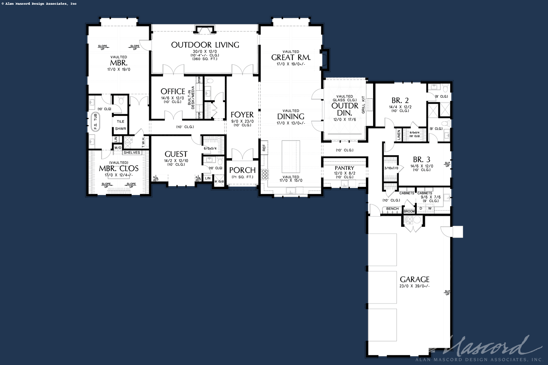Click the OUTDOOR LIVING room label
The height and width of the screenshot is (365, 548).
click(205, 45)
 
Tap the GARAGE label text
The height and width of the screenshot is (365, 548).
click(414, 279)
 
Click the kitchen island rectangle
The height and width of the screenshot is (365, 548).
click(291, 157)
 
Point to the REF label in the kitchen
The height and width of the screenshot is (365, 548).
click(264, 148)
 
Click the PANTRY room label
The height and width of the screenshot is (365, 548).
click(344, 168)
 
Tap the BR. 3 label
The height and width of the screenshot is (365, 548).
click(421, 160)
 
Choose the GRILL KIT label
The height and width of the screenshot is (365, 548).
click(364, 104)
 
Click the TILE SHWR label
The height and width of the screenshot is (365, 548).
click(120, 125)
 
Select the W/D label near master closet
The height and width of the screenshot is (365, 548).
click(118, 148)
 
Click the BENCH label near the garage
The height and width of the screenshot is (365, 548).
click(392, 209)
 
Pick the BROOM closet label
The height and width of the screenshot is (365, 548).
click(409, 211)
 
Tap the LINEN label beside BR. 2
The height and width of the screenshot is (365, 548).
click(399, 135)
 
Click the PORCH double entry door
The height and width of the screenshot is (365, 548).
click(242, 154)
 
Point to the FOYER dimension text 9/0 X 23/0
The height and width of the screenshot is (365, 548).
click(242, 121)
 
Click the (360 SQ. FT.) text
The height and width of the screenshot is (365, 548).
click(205, 59)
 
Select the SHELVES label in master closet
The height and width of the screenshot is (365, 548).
click(132, 152)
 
